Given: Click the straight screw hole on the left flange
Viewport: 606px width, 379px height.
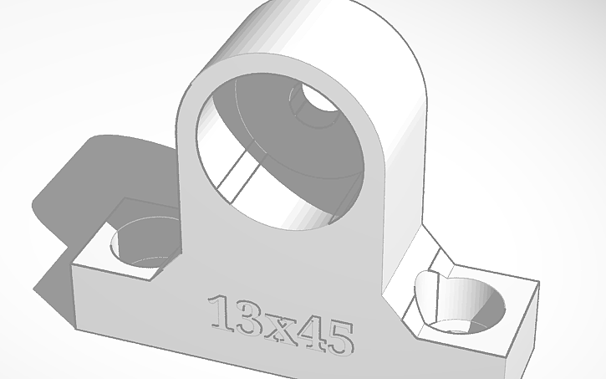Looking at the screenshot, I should pos(145,243).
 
